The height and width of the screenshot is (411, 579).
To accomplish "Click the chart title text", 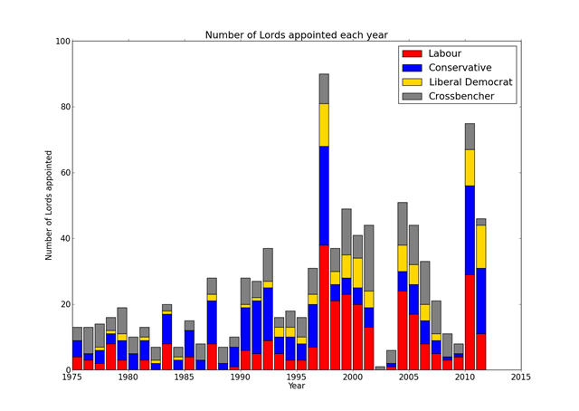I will tap(296, 35).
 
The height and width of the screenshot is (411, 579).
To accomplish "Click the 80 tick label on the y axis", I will tap(62, 107).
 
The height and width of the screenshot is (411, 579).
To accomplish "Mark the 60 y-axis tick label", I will tap(62, 173).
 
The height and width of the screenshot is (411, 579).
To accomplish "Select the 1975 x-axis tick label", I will tap(72, 378).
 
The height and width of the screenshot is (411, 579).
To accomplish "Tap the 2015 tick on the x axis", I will tap(521, 378).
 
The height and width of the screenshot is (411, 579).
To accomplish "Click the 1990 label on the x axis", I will tap(241, 378).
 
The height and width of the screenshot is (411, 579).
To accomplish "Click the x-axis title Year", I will tap(297, 387).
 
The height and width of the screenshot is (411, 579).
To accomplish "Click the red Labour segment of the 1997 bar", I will tap(324, 308).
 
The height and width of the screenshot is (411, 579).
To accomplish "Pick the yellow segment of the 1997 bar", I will tap(324, 125).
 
